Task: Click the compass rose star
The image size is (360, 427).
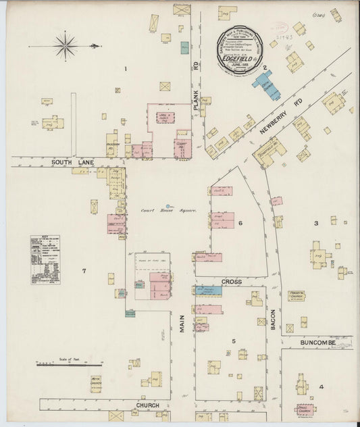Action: [66, 46]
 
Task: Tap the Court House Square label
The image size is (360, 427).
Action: [168, 210]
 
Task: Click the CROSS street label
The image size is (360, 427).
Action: [231, 280]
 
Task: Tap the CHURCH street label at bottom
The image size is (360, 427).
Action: [148, 405]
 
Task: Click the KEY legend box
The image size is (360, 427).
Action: [45, 259]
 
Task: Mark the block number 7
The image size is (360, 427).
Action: [84, 271]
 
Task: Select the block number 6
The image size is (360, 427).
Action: [240, 222]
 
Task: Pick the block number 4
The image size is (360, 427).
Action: [322, 386]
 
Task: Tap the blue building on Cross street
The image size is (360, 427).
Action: [209, 290]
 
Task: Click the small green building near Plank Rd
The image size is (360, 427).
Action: [184, 48]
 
